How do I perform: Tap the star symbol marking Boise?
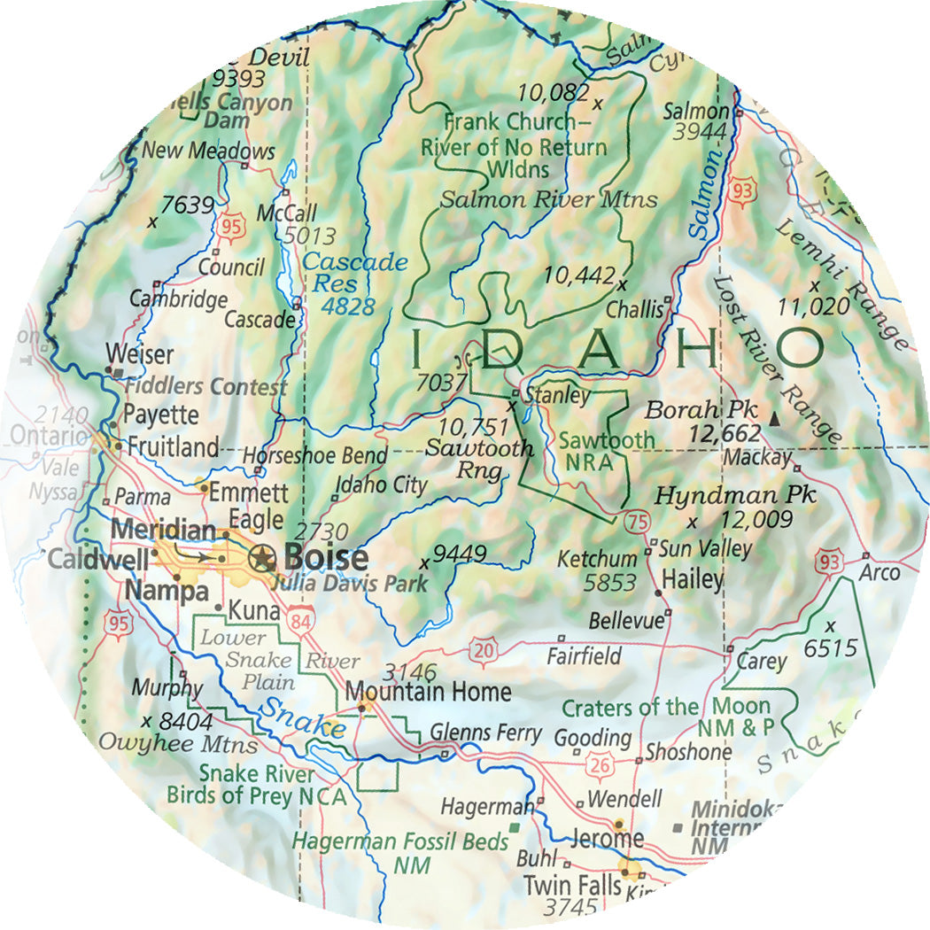(262, 557)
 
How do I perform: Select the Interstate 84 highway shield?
(300, 624)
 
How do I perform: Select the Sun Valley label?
(706, 549)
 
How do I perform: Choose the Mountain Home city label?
(428, 691)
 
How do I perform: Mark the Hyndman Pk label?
(734, 494)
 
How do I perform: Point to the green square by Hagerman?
(514, 827)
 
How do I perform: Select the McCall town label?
(286, 213)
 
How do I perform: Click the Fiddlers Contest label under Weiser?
(205, 387)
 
